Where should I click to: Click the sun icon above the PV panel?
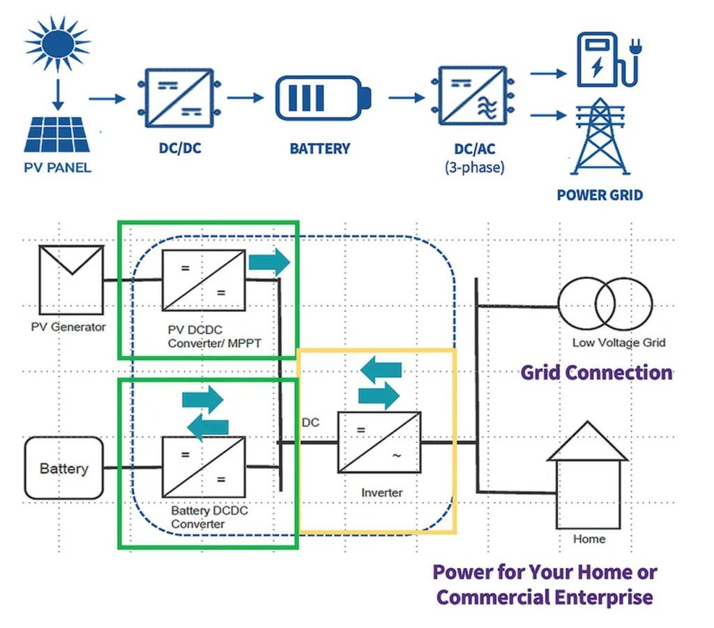(x=58, y=43)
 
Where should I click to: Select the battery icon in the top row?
(x=322, y=98)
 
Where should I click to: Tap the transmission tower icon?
(x=600, y=139)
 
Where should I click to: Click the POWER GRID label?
(x=600, y=195)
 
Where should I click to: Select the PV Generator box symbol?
(x=71, y=280)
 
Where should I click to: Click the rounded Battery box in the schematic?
(x=63, y=468)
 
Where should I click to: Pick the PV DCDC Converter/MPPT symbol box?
(x=204, y=280)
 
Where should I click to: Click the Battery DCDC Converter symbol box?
(x=204, y=467)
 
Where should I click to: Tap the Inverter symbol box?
(x=379, y=442)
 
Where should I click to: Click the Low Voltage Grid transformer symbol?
(x=605, y=306)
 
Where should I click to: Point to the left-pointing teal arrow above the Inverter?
(x=380, y=368)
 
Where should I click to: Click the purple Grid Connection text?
(x=596, y=372)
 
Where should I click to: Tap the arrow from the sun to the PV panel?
(x=58, y=93)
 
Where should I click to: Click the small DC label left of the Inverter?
(x=310, y=423)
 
